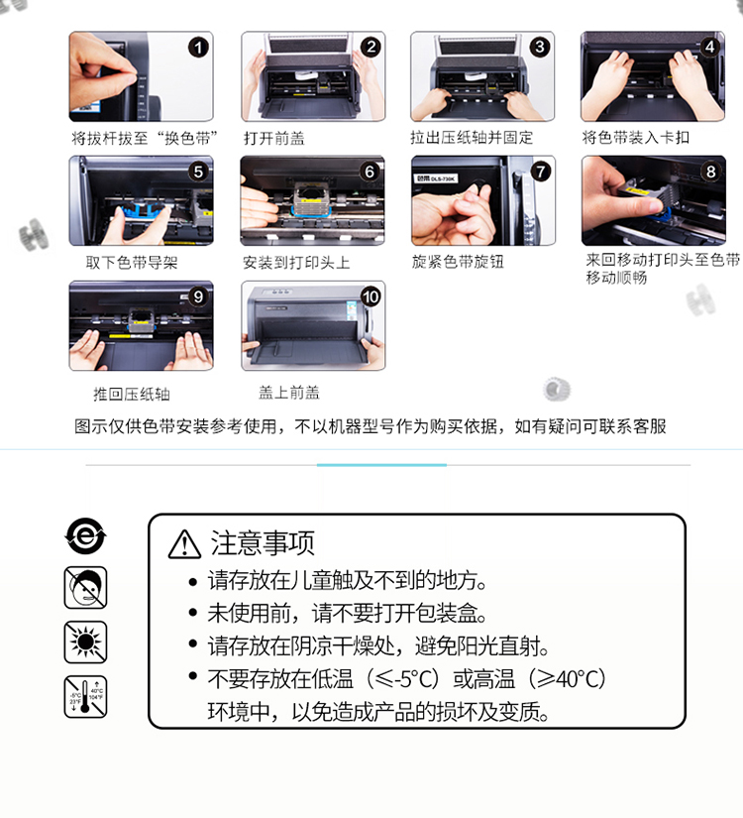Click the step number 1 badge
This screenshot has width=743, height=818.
[x=198, y=48]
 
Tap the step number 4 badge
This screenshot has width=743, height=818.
[x=709, y=47]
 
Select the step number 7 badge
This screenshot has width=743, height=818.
[x=540, y=172]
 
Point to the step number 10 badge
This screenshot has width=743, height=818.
[x=371, y=296]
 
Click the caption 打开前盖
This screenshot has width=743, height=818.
[x=274, y=138]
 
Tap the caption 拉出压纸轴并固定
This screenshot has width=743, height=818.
[x=472, y=137]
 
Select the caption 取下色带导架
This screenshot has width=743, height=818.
[x=132, y=262]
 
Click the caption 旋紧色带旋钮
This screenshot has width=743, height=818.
[x=458, y=261]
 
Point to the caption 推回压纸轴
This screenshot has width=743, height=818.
[x=132, y=394]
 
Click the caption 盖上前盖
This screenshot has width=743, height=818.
[x=289, y=393]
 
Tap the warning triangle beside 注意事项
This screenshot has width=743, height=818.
[x=184, y=544]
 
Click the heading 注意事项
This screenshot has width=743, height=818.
[x=263, y=543]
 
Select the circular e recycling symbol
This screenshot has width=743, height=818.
[x=85, y=535]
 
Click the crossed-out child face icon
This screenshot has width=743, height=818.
[x=85, y=588]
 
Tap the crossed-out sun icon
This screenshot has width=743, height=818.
[x=85, y=643]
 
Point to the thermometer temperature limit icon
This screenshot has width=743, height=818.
[x=85, y=697]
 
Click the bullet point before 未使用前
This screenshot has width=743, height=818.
[x=193, y=613]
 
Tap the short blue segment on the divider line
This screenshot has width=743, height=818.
[x=381, y=464]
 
